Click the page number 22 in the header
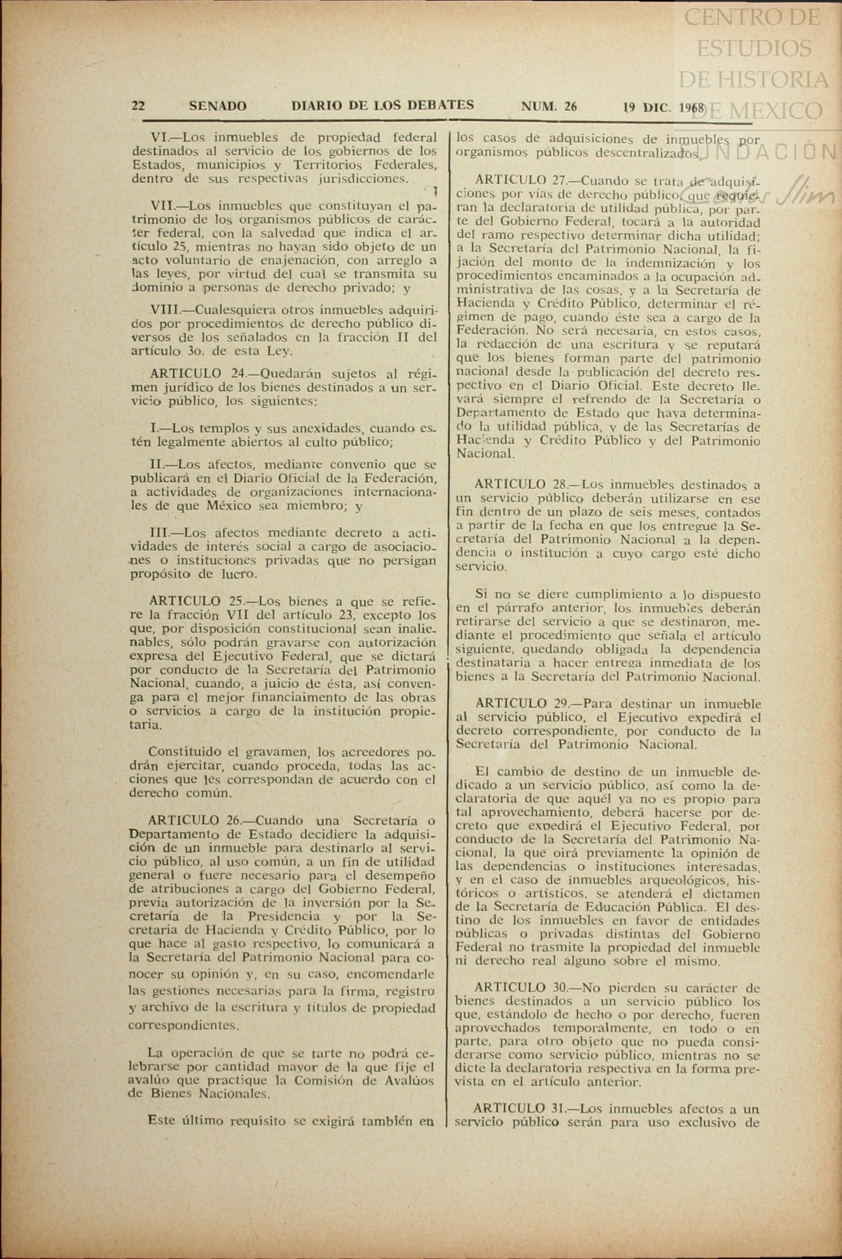pyautogui.click(x=138, y=106)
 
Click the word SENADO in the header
pyautogui.click(x=217, y=106)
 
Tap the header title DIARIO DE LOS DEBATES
pyautogui.click(x=382, y=105)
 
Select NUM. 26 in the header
pyautogui.click(x=549, y=106)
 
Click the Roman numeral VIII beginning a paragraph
pyautogui.click(x=165, y=310)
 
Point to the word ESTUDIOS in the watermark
pyautogui.click(x=754, y=48)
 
